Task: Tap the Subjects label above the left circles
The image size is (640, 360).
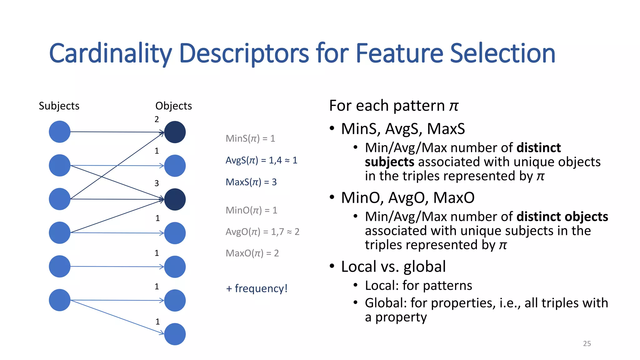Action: point(59,106)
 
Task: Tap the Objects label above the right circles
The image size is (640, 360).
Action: point(173,106)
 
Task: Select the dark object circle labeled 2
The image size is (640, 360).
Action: point(175,132)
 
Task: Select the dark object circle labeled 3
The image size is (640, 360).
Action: point(175,199)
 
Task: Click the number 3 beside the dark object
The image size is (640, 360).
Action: point(157,183)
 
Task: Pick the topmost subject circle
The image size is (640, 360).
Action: point(60,132)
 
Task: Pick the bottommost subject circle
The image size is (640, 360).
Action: point(60,300)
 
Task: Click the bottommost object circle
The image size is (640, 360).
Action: point(175,334)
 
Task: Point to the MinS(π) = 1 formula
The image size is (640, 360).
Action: point(250,138)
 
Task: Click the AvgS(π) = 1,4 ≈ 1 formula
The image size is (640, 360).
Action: point(261,160)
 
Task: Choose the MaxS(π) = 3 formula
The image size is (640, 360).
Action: point(251,182)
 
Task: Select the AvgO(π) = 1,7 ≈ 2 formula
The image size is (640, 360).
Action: point(262,232)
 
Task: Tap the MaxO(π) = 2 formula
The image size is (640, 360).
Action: point(252,253)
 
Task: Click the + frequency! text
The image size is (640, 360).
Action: point(256,288)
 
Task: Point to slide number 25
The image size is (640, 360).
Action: point(587,343)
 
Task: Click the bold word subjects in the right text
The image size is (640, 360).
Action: point(389,162)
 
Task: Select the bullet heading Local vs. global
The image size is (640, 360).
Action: point(393,267)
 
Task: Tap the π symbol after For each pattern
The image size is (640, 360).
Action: point(454,106)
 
